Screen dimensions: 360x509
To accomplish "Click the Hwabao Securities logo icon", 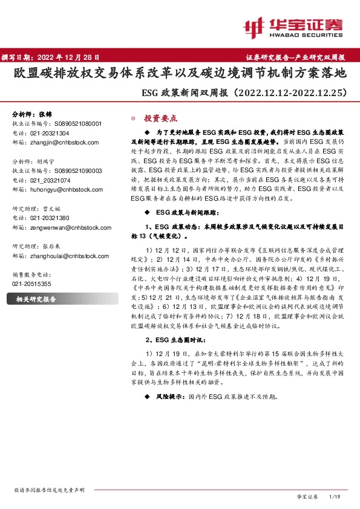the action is coord(254,26).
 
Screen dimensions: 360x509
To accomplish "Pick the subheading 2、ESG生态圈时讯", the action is coord(175,323).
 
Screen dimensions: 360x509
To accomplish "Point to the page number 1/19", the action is coord(333,496).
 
